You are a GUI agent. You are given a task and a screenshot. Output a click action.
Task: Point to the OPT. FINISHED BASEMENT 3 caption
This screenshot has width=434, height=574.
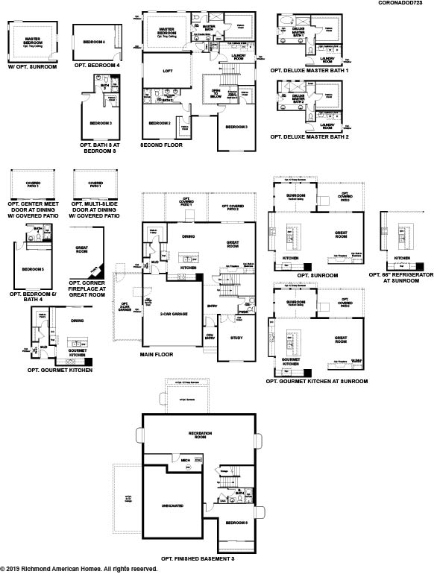click(x=198, y=558)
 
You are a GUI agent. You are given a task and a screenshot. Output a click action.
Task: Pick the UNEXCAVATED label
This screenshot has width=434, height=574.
click(x=171, y=505)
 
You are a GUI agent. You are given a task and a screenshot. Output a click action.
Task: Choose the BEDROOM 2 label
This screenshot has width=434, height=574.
click(x=160, y=123)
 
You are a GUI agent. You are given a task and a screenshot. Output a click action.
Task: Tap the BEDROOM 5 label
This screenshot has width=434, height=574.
click(x=32, y=269)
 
